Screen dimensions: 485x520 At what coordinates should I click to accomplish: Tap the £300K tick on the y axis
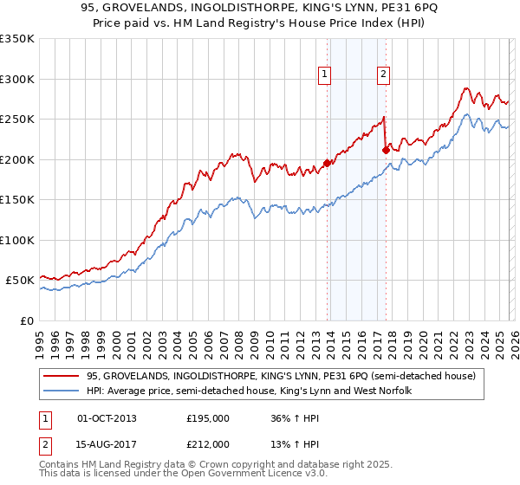coord(17,79)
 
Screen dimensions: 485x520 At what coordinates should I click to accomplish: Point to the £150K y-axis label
coord(17,199)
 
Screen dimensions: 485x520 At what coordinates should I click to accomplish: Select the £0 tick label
coord(26,320)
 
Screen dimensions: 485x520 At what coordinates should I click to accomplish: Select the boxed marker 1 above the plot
coord(325,74)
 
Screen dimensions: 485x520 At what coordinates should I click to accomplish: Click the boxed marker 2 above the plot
coord(382,74)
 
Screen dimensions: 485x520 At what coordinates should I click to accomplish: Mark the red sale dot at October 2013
coord(327,163)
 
